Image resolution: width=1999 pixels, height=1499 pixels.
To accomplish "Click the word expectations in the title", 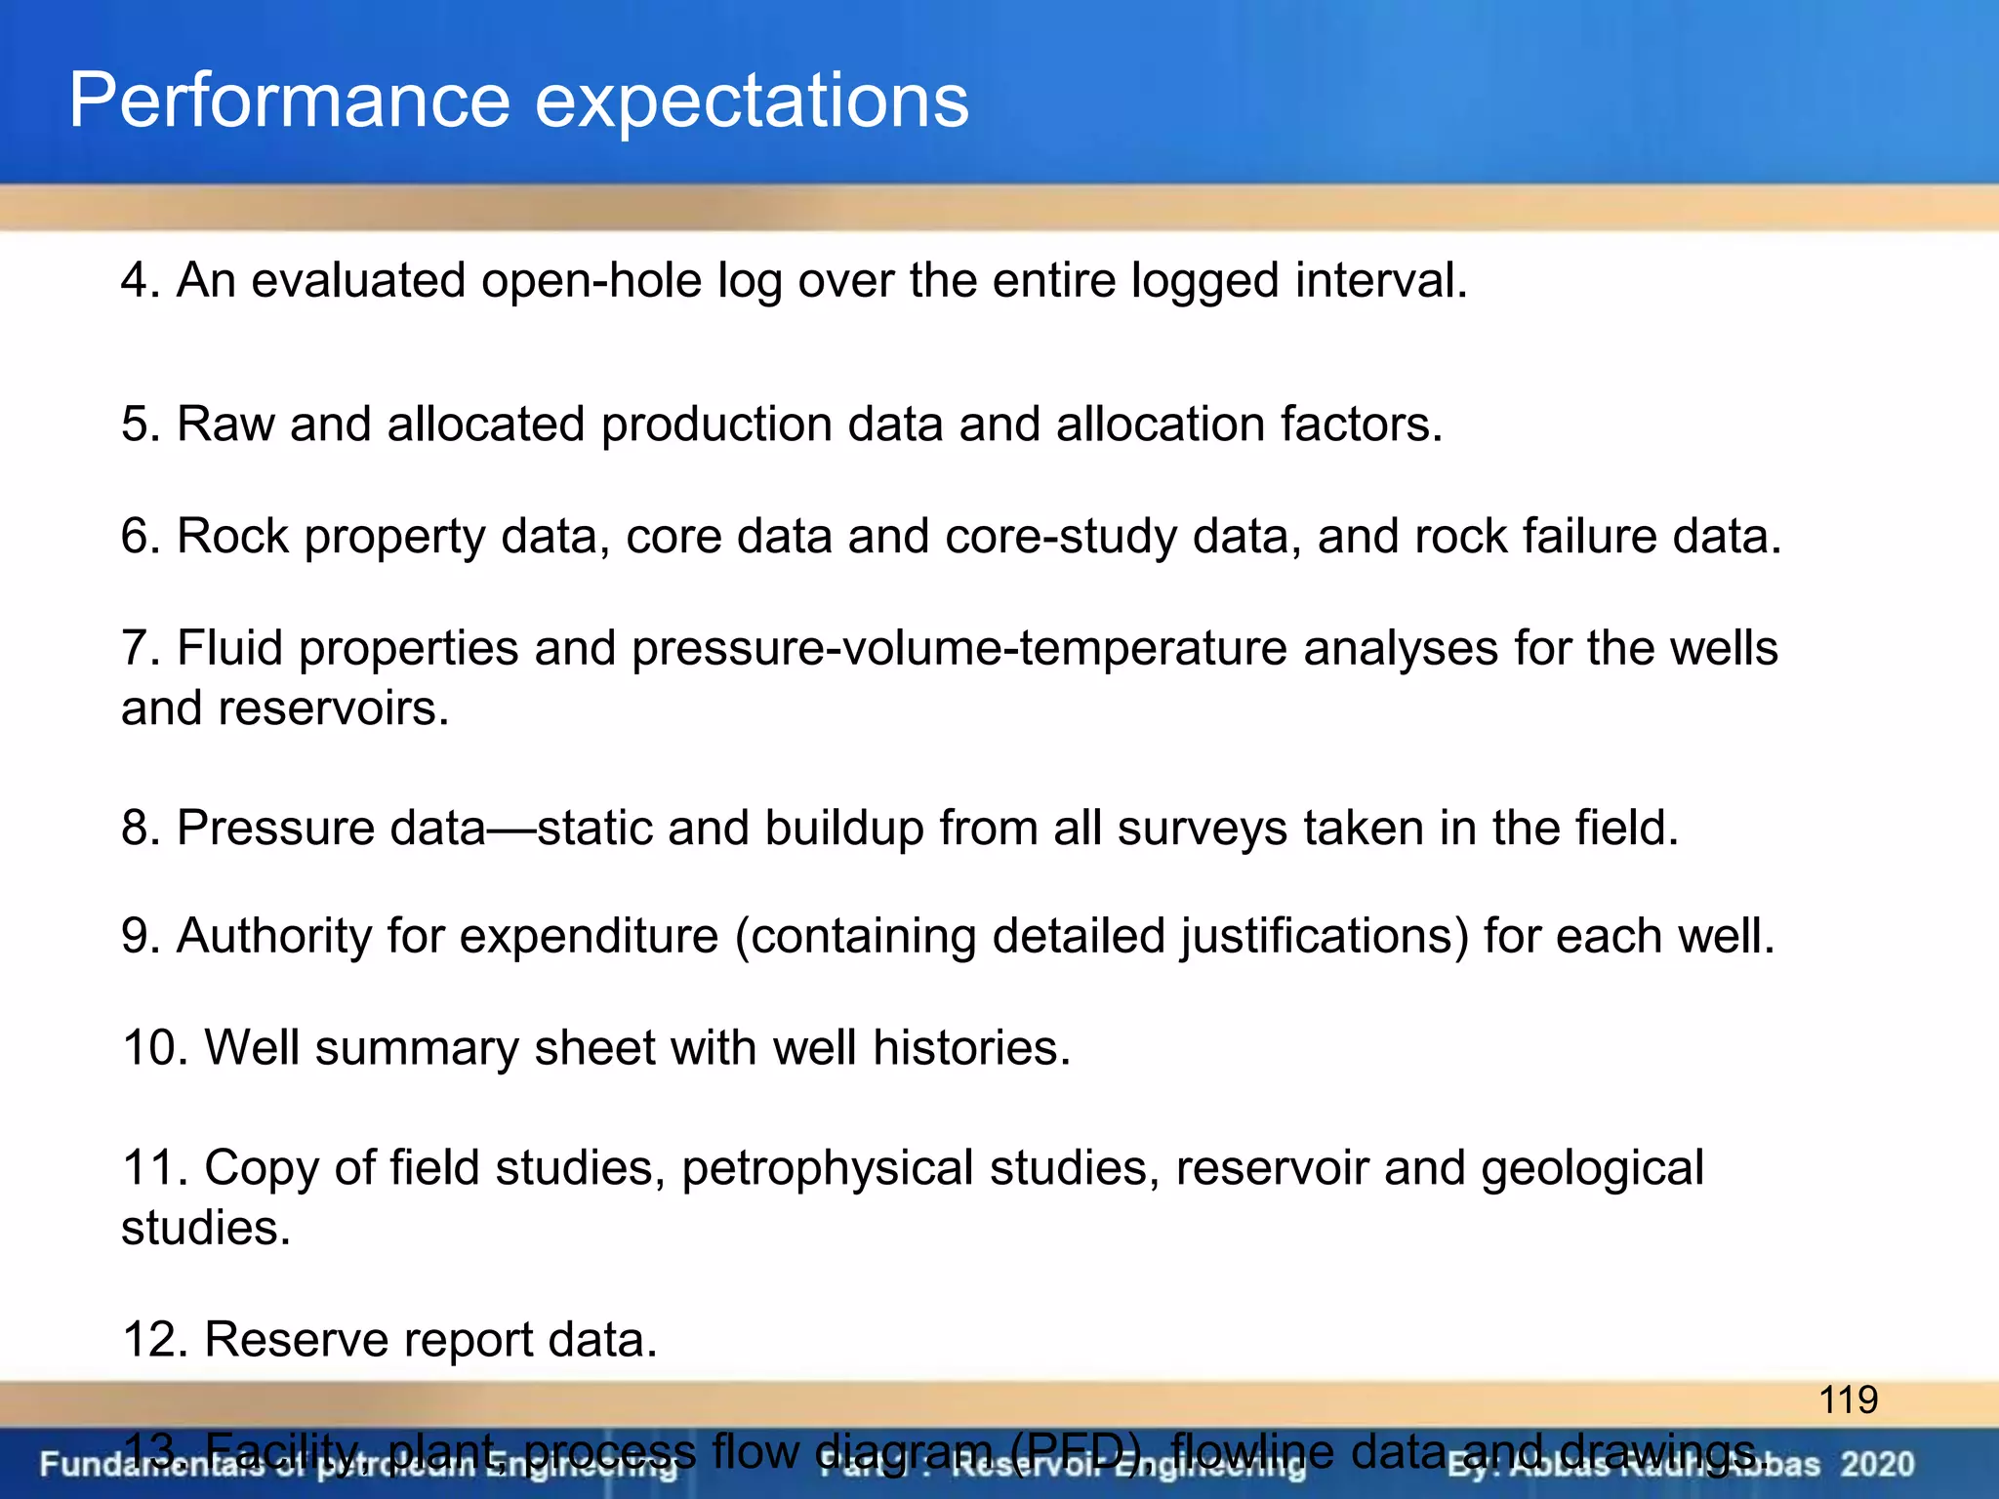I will [752, 101].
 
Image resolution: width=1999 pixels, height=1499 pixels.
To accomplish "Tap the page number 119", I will [1848, 1400].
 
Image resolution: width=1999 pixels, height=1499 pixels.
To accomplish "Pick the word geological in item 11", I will [1592, 1168].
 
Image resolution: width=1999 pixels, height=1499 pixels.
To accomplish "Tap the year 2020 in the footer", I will [1877, 1465].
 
